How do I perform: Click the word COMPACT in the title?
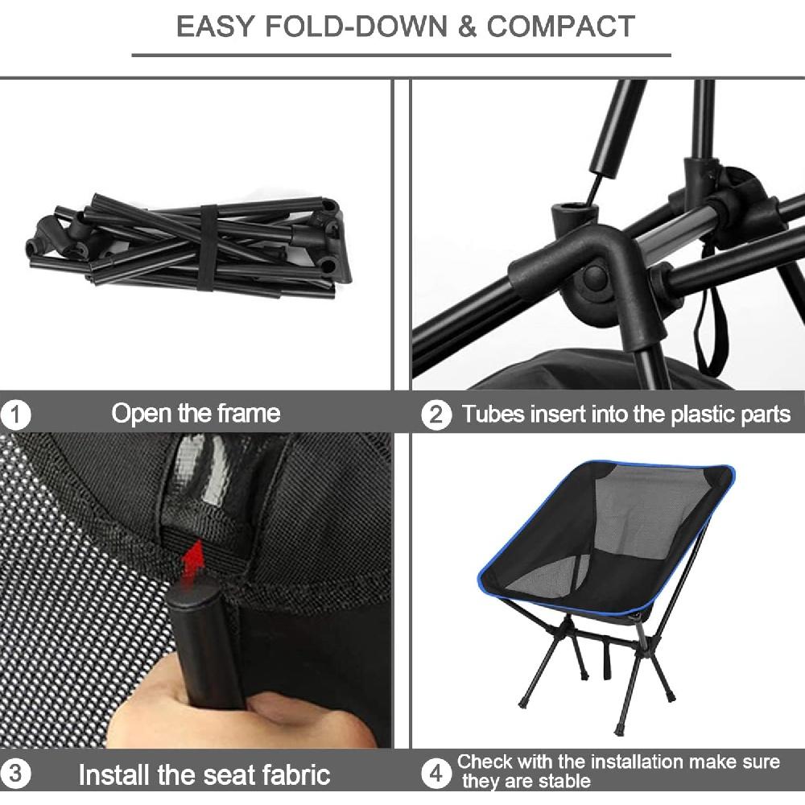pos(561,26)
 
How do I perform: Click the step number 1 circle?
pos(15,416)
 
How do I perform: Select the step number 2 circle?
pos(436,415)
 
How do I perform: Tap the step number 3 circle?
pos(15,776)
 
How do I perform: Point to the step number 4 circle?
pos(436,774)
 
